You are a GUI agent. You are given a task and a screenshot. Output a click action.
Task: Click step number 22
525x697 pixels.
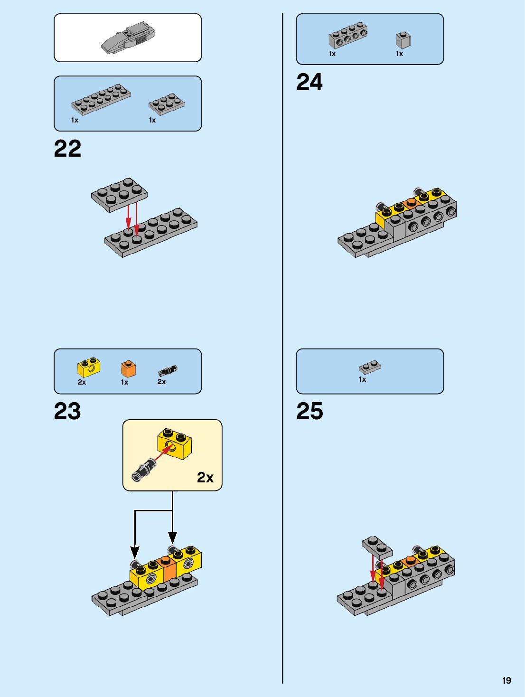(x=67, y=149)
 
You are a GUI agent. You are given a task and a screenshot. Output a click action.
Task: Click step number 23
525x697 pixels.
(x=67, y=411)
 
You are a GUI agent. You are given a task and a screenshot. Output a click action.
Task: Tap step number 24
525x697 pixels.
(x=309, y=82)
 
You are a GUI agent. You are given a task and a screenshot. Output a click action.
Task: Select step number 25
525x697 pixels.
(x=309, y=411)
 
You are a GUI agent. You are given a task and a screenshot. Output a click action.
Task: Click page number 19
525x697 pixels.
(x=506, y=680)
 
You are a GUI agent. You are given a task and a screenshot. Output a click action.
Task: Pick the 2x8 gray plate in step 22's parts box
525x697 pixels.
(x=101, y=99)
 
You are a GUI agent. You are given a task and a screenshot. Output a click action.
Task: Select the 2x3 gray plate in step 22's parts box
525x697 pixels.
(x=166, y=104)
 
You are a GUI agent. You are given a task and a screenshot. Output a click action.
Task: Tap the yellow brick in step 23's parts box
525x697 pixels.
(x=89, y=367)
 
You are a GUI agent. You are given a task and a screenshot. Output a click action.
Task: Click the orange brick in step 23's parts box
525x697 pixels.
(x=128, y=368)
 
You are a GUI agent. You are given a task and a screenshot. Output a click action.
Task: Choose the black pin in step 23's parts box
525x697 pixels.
(x=167, y=370)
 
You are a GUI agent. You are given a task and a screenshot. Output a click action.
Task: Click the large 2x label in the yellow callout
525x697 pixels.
(x=205, y=477)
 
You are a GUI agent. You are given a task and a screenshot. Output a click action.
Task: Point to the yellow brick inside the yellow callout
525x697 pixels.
(x=175, y=443)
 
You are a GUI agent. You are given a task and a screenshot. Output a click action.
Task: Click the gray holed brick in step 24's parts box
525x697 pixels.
(x=348, y=36)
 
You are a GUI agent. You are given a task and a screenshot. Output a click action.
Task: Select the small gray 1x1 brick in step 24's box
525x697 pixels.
(x=403, y=40)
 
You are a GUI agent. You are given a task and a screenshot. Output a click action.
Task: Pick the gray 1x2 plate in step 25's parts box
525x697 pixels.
(x=370, y=367)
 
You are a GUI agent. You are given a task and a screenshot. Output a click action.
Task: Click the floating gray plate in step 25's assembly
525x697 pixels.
(x=377, y=547)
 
